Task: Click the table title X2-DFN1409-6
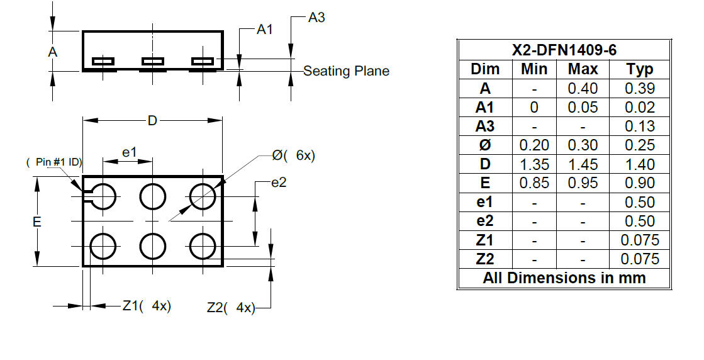pyautogui.click(x=564, y=50)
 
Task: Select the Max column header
pyautogui.click(x=583, y=69)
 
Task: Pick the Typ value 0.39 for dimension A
pyautogui.click(x=640, y=89)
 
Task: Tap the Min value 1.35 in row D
pyautogui.click(x=534, y=164)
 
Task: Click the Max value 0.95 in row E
pyautogui.click(x=583, y=183)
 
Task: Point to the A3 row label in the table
pyautogui.click(x=485, y=127)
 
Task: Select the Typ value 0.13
pyautogui.click(x=640, y=127)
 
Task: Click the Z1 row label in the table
pyautogui.click(x=485, y=240)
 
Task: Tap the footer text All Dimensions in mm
pyautogui.click(x=564, y=278)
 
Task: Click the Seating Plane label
pyautogui.click(x=346, y=71)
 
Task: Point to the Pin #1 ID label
pyautogui.click(x=54, y=162)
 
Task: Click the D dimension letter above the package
pyautogui.click(x=153, y=121)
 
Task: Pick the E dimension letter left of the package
pyautogui.click(x=37, y=222)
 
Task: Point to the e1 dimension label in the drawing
pyautogui.click(x=129, y=153)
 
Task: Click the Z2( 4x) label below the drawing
pyautogui.click(x=231, y=308)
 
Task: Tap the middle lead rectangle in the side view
pyautogui.click(x=153, y=61)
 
